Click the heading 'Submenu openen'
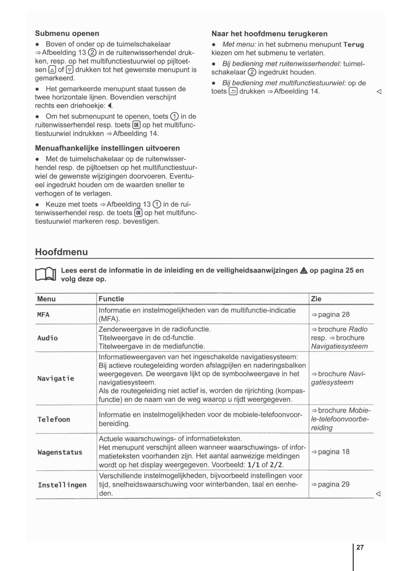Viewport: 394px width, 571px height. click(67, 33)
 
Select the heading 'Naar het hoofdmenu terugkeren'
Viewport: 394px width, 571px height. click(269, 34)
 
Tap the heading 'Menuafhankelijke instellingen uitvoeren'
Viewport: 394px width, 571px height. click(107, 148)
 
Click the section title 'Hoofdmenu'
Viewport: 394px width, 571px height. click(61, 252)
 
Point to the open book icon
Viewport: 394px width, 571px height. click(46, 275)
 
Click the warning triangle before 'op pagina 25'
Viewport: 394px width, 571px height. click(304, 271)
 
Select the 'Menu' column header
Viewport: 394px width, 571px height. click(46, 299)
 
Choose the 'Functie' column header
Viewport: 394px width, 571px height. click(111, 299)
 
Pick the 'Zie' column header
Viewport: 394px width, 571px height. click(316, 299)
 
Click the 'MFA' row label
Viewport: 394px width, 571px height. click(43, 314)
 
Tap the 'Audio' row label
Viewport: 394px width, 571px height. click(47, 338)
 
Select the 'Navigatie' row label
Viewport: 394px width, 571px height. click(56, 378)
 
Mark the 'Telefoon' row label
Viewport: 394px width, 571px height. click(53, 419)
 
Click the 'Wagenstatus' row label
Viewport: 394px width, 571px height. click(60, 452)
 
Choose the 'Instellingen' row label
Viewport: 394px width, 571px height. click(62, 485)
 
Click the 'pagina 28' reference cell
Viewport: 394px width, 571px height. click(331, 314)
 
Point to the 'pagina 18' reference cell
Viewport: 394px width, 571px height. click(331, 452)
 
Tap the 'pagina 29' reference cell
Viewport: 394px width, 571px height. click(331, 484)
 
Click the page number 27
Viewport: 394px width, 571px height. click(360, 547)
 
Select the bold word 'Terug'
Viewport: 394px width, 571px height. click(354, 45)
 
